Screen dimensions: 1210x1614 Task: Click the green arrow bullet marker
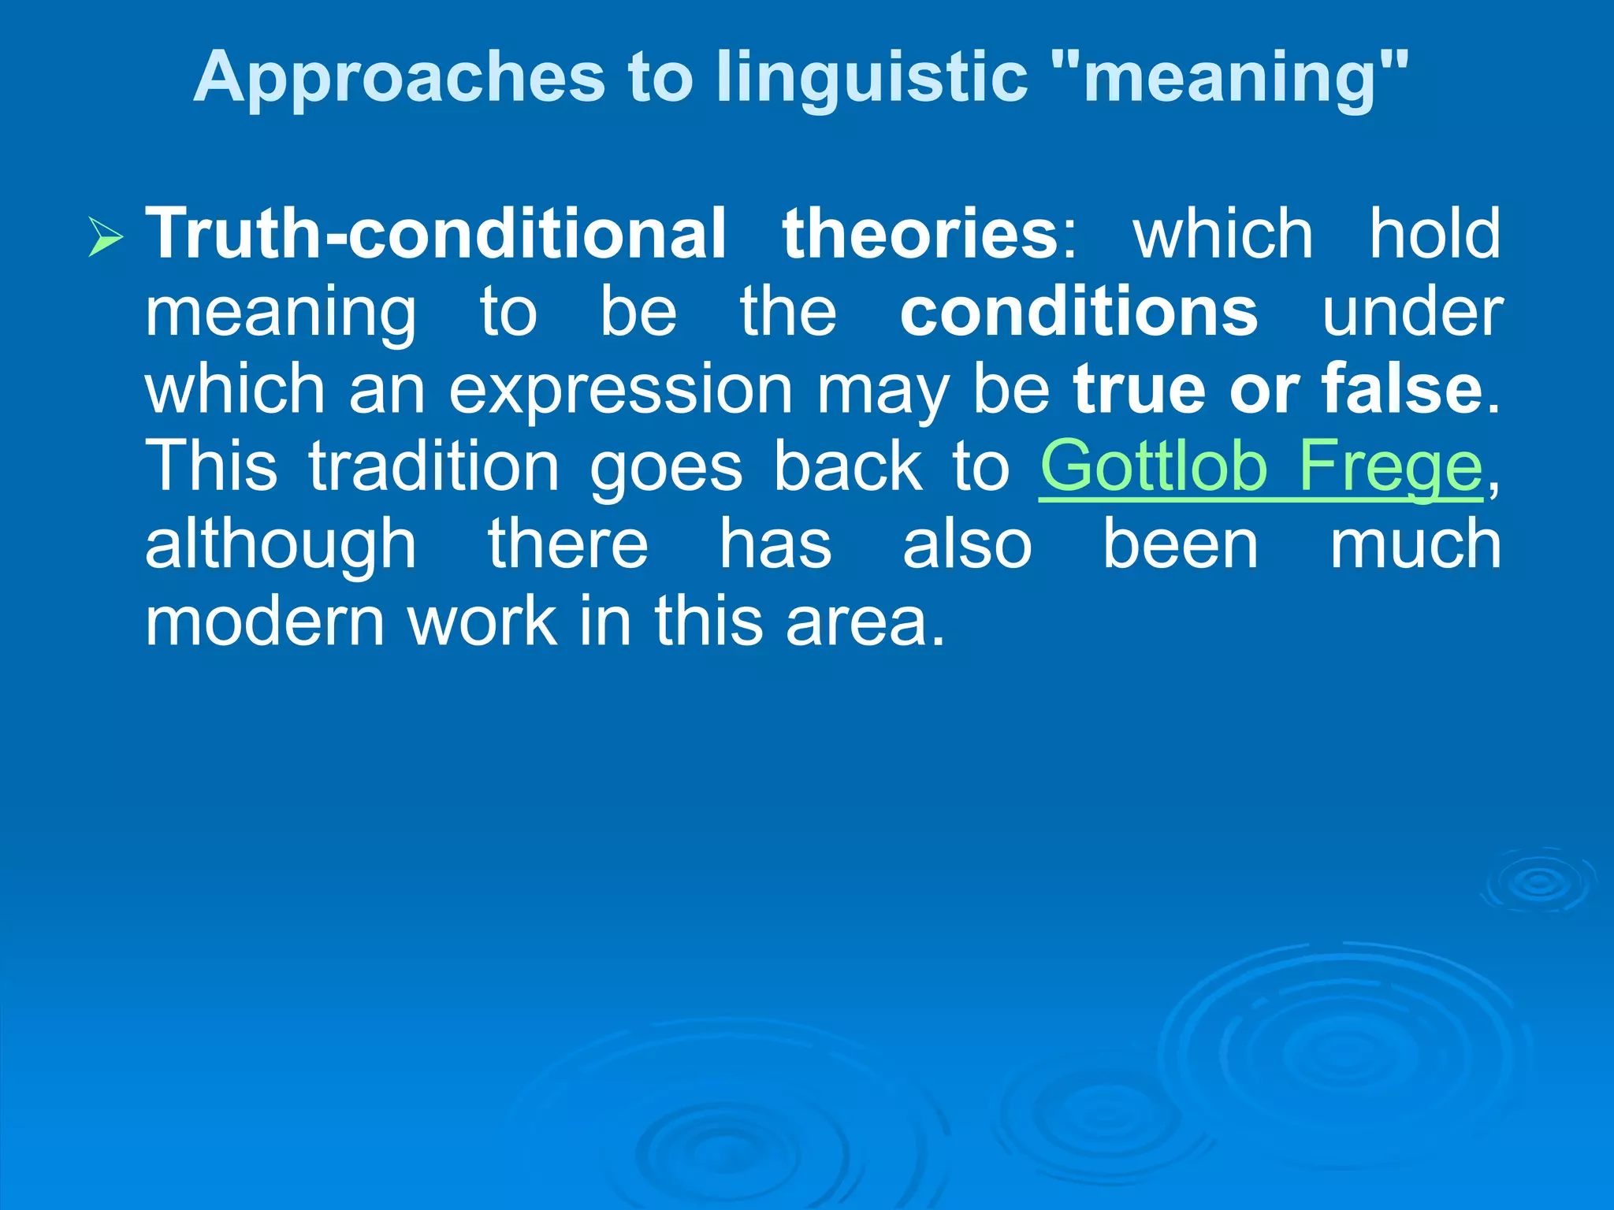pyautogui.click(x=105, y=236)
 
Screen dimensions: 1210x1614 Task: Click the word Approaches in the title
pyautogui.click(x=399, y=77)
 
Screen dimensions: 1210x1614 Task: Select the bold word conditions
pyautogui.click(x=1079, y=312)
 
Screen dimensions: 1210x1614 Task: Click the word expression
pyautogui.click(x=620, y=389)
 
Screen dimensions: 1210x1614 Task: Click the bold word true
pyautogui.click(x=1140, y=389)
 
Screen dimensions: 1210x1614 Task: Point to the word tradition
pyautogui.click(x=433, y=466)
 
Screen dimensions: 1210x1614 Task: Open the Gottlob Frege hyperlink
pyautogui.click(x=1261, y=466)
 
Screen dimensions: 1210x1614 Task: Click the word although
pyautogui.click(x=281, y=545)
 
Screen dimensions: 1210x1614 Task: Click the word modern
pyautogui.click(x=265, y=622)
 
